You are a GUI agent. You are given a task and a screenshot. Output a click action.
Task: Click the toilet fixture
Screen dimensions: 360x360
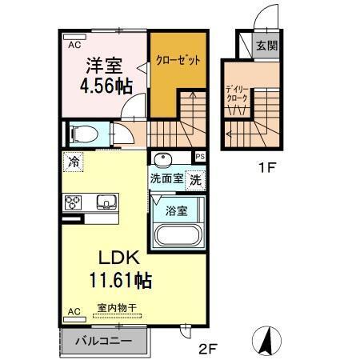[80, 134]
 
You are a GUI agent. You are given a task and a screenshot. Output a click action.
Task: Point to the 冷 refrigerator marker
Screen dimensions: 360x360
[74, 162]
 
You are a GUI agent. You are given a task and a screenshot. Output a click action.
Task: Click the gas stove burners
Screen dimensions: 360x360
[74, 202]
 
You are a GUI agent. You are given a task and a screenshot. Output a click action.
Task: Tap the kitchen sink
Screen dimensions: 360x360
[105, 201]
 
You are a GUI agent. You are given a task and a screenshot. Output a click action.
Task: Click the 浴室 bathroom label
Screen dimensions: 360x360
[177, 211]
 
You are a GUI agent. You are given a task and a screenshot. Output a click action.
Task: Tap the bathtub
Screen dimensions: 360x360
[178, 237]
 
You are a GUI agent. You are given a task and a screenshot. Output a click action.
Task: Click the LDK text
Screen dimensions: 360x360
[119, 258]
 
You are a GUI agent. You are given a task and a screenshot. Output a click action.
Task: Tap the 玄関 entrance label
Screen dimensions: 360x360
[266, 46]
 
